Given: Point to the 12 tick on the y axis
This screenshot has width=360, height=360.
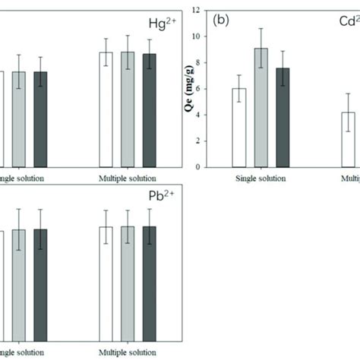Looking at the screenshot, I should tap(216, 11).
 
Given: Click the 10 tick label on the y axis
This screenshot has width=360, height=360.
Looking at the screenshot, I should tap(216, 36).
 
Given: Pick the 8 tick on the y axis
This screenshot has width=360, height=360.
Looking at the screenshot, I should tap(218, 63).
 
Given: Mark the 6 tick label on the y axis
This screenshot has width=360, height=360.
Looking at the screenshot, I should tap(218, 89).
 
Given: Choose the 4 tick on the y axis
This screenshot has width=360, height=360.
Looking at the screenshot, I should tap(218, 115).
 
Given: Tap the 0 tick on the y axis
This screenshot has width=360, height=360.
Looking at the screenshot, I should tap(218, 167).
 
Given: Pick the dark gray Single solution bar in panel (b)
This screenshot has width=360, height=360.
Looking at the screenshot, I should tap(283, 118).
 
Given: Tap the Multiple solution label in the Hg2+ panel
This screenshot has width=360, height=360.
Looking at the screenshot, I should tap(128, 178).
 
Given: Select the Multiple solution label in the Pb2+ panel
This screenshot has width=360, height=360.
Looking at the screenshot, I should tap(128, 352).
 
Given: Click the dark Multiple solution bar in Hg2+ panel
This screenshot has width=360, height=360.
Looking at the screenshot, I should tap(150, 110).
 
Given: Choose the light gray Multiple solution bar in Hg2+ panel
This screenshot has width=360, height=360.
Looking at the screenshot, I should tap(128, 109).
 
